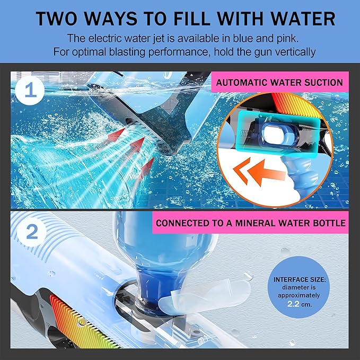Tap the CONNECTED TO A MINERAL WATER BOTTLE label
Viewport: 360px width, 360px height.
tap(251, 223)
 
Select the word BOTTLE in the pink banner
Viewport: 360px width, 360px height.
tap(329, 223)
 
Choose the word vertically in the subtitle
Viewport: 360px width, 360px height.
tap(291, 52)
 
